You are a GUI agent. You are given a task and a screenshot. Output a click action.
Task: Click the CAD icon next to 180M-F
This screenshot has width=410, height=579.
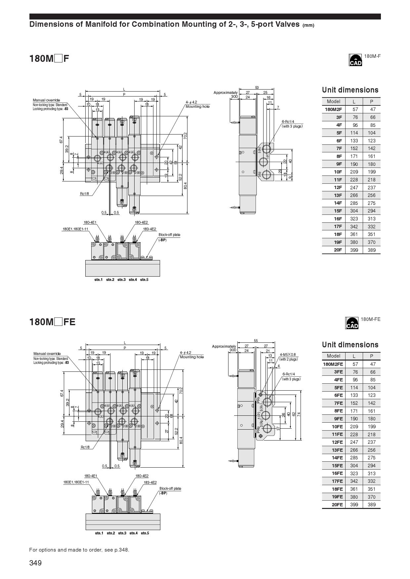click(355, 60)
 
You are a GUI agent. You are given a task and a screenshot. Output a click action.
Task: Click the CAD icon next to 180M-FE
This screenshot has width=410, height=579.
click(352, 323)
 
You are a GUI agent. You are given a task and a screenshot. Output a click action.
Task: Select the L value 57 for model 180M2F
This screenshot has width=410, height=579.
click(355, 109)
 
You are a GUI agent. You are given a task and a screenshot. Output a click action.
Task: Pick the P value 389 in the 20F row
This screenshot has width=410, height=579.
click(371, 250)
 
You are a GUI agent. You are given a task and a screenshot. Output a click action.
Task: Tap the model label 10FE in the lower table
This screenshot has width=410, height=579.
click(337, 427)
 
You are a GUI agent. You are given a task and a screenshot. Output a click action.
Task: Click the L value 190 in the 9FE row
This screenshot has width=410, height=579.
click(354, 419)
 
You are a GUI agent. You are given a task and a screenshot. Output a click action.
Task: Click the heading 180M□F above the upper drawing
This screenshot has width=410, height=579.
click(49, 59)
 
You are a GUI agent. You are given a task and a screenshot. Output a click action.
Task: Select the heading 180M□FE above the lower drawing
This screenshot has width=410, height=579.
click(52, 322)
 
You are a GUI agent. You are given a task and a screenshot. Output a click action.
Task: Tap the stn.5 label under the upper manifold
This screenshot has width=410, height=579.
click(144, 280)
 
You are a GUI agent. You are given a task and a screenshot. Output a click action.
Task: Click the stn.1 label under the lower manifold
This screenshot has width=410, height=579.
click(99, 533)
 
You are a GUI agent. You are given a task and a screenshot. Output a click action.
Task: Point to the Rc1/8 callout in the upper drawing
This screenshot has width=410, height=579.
click(84, 194)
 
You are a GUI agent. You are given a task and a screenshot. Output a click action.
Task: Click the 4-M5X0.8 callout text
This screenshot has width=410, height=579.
click(288, 355)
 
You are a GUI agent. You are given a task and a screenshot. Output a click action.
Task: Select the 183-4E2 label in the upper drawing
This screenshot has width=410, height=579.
click(149, 229)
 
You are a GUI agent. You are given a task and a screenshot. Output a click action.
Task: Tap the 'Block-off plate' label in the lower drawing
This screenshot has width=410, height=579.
click(170, 488)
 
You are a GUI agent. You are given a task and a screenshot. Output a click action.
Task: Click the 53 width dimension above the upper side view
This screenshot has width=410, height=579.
click(257, 88)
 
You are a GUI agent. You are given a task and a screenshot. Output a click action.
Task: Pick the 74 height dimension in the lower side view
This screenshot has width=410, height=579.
click(299, 414)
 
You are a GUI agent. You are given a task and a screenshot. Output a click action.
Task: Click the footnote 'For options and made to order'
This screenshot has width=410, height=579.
click(79, 550)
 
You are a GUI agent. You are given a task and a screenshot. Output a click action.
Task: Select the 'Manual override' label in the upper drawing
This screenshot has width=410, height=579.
click(46, 100)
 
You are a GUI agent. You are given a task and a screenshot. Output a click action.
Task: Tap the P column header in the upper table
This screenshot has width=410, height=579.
click(371, 102)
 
